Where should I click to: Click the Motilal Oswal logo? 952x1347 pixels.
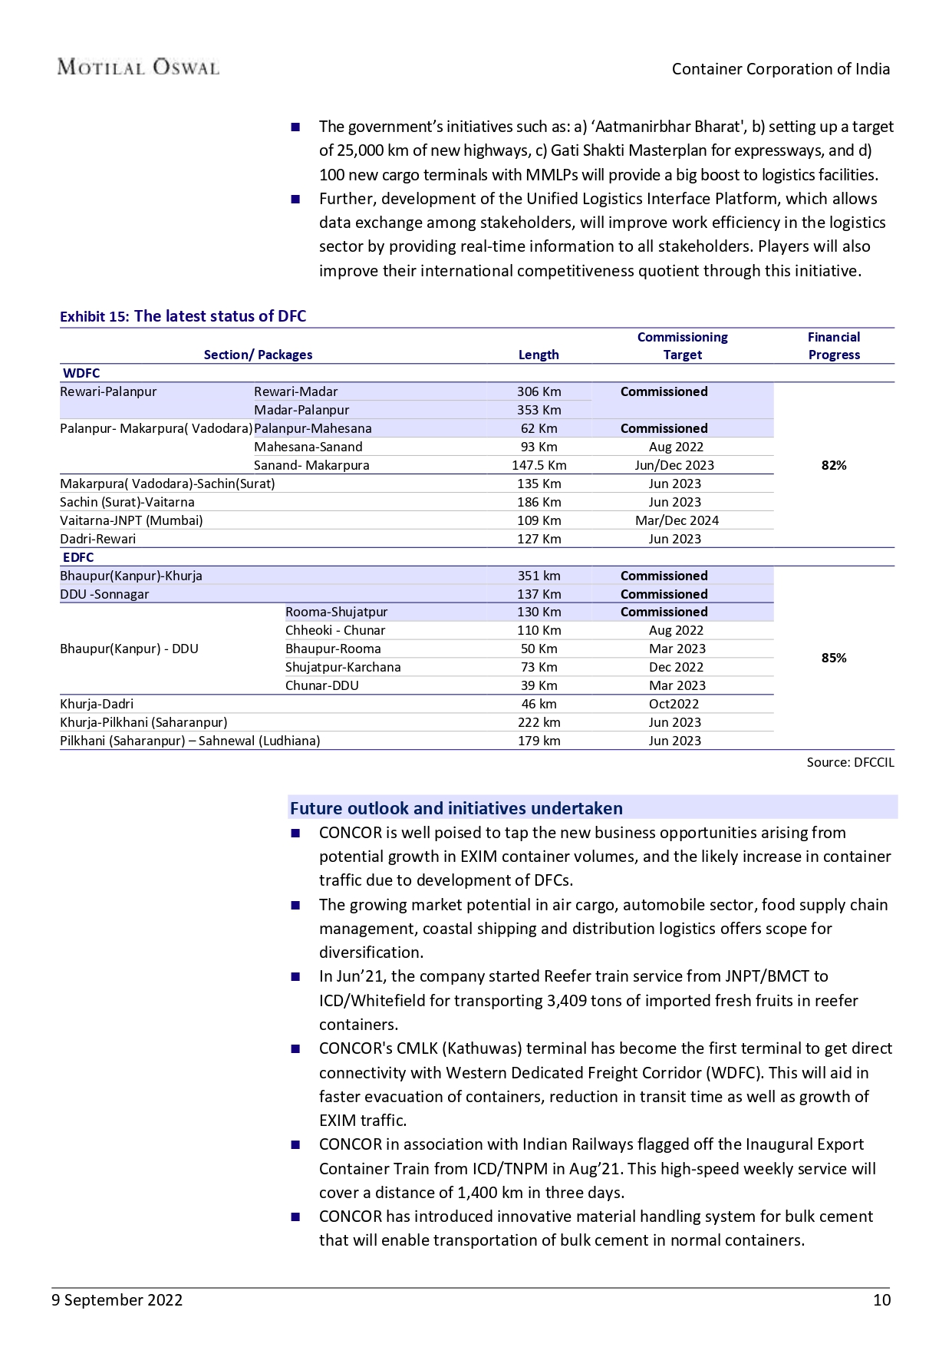click(138, 68)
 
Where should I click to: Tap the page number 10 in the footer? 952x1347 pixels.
click(881, 1299)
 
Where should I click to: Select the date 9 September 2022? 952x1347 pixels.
click(117, 1299)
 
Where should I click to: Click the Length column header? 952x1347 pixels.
click(539, 355)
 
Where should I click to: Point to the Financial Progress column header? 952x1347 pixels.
click(834, 346)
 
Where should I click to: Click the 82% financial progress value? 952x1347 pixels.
click(834, 465)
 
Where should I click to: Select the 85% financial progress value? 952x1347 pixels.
click(834, 658)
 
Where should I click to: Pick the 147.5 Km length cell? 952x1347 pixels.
click(539, 465)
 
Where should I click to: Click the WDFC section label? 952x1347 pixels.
click(81, 373)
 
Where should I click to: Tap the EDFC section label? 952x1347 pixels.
click(78, 557)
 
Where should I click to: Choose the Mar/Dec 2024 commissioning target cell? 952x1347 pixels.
click(677, 520)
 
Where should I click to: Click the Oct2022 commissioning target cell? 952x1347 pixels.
click(674, 704)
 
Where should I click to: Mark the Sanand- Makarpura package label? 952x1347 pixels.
click(311, 465)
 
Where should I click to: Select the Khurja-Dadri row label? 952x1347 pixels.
click(97, 704)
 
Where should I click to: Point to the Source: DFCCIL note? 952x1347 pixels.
click(850, 762)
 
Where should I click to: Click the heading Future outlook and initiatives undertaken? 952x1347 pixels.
click(456, 808)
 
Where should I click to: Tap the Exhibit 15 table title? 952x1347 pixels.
click(183, 316)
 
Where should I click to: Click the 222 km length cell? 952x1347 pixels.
click(539, 722)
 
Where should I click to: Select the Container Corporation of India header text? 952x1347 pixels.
click(781, 69)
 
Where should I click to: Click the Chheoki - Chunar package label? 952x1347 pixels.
click(335, 630)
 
